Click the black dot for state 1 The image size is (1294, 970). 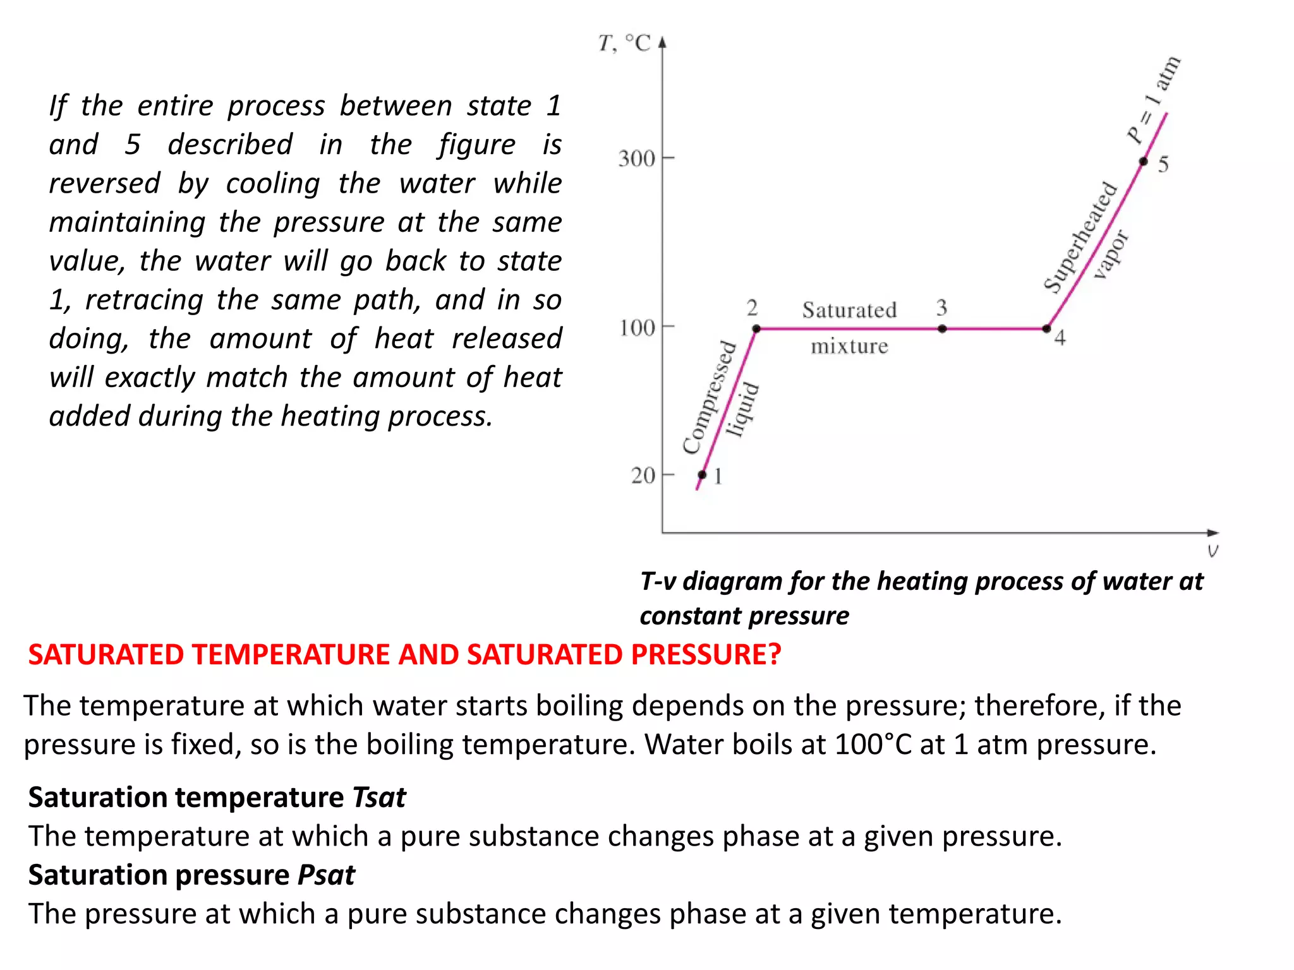pyautogui.click(x=702, y=475)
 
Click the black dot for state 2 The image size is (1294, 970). pyautogui.click(x=756, y=328)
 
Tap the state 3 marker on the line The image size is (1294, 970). pyautogui.click(x=942, y=328)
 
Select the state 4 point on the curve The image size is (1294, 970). pyautogui.click(x=1046, y=328)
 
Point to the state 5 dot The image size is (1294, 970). pyautogui.click(x=1143, y=162)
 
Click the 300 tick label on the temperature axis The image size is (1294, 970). pyautogui.click(x=636, y=158)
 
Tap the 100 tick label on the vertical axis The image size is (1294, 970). pyautogui.click(x=637, y=328)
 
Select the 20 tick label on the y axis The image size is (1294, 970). pyautogui.click(x=643, y=475)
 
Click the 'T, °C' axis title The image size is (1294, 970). pyautogui.click(x=624, y=43)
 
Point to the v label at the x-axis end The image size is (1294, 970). pyautogui.click(x=1212, y=551)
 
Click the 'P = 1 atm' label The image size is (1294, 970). pyautogui.click(x=1154, y=100)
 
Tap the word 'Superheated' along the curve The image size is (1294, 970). pyautogui.click(x=1080, y=237)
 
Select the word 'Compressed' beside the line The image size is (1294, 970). pyautogui.click(x=710, y=398)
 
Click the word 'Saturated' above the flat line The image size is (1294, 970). pyautogui.click(x=849, y=310)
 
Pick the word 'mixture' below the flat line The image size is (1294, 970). pyautogui.click(x=849, y=346)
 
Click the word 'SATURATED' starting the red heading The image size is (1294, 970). pyautogui.click(x=106, y=654)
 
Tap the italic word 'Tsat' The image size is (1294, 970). pyautogui.click(x=379, y=797)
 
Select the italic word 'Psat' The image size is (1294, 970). pyautogui.click(x=326, y=875)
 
